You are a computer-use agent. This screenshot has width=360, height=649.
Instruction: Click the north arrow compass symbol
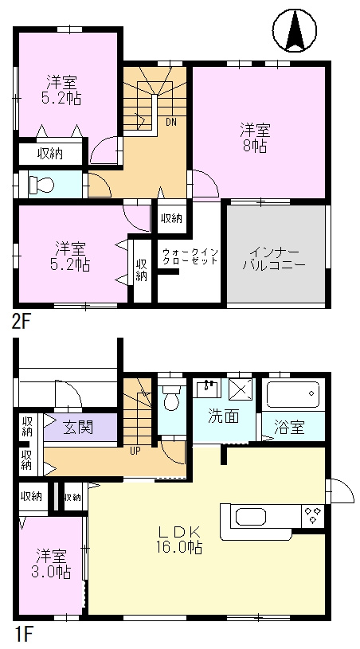tap(294, 30)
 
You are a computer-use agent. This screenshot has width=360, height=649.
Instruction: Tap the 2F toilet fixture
tap(41, 184)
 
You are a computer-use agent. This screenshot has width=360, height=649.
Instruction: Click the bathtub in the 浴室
tap(293, 395)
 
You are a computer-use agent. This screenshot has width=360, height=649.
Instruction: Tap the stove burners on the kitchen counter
tap(313, 515)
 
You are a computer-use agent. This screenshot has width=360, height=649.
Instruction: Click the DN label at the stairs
tap(171, 122)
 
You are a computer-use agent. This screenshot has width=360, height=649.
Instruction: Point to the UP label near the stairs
tap(135, 452)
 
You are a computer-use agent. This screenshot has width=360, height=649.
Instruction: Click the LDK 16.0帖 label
tap(179, 540)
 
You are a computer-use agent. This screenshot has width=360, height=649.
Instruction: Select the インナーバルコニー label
tap(274, 258)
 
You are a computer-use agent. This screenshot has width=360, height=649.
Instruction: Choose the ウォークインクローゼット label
tap(190, 256)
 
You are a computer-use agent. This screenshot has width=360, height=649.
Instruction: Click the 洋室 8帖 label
tap(255, 139)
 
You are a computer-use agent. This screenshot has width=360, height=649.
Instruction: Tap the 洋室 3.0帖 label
tap(51, 564)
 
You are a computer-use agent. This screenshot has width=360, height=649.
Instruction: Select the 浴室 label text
tap(290, 428)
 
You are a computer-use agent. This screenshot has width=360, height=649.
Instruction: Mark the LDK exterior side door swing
tap(341, 491)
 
